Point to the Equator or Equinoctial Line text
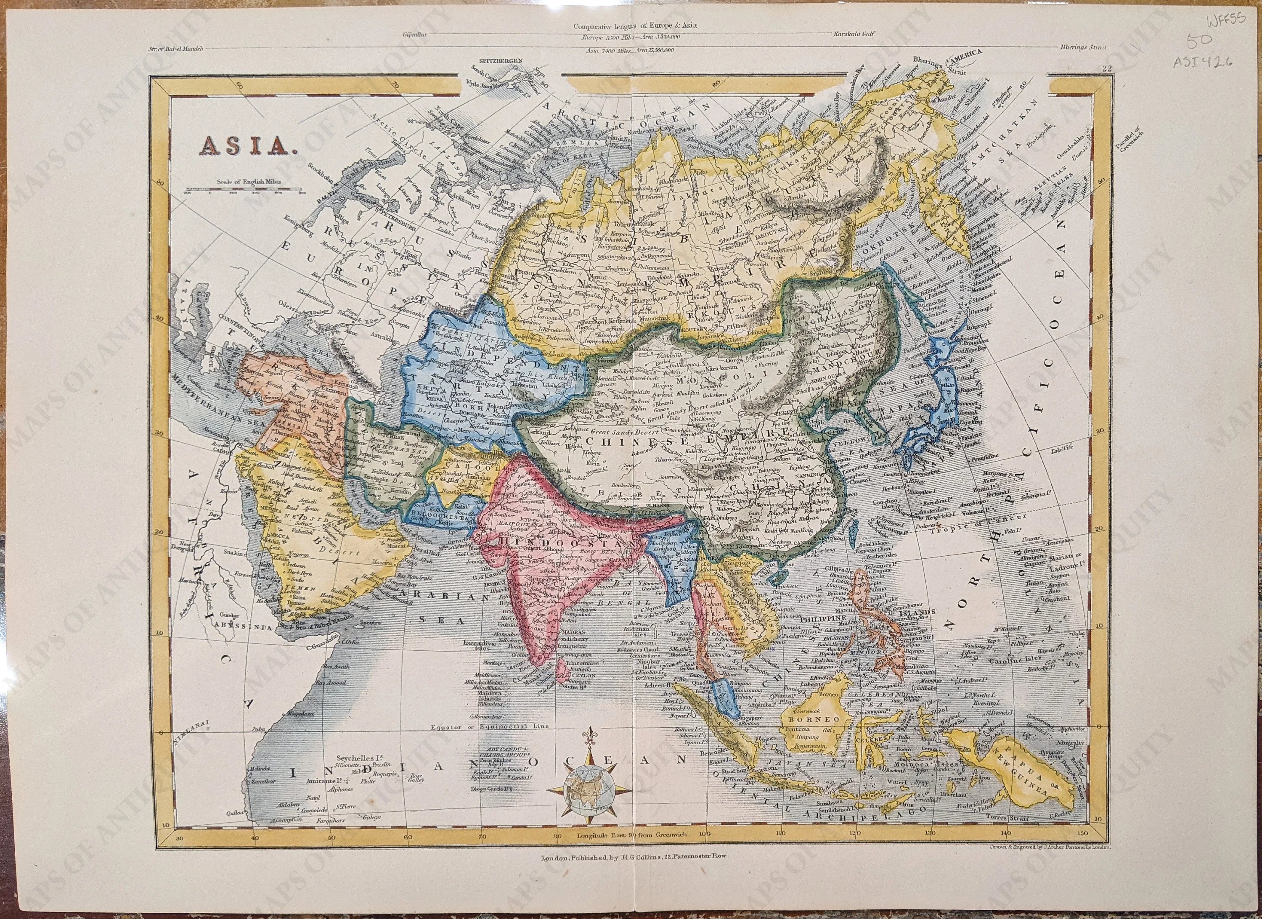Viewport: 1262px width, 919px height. click(490, 726)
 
